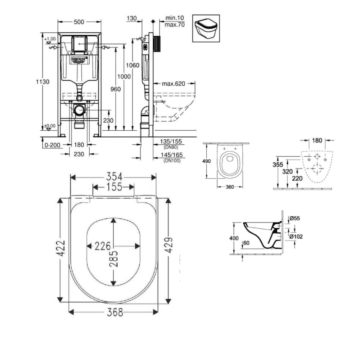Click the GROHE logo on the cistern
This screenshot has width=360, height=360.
(79, 59)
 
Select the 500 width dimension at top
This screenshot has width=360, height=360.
(79, 22)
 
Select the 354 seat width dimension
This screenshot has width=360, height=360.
(113, 177)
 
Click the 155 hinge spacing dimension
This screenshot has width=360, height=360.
(113, 187)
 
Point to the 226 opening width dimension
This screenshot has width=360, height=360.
(103, 246)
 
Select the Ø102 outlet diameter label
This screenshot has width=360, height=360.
(296, 237)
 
